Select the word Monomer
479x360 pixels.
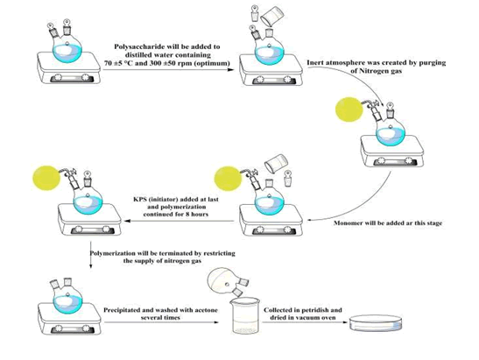(x=347, y=222)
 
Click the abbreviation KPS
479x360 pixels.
(x=139, y=199)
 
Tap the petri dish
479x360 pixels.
(x=375, y=323)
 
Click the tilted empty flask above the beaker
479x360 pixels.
(x=225, y=279)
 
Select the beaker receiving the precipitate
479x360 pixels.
(x=245, y=316)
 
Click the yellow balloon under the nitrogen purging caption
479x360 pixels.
(x=349, y=109)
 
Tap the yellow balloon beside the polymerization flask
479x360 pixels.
(x=46, y=178)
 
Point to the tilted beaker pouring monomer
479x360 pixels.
(x=276, y=163)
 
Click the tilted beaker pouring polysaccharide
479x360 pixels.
(x=272, y=18)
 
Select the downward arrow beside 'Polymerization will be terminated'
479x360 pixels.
(x=90, y=255)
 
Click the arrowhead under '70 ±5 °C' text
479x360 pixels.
(x=231, y=70)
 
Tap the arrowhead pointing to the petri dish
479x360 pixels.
(x=345, y=322)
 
